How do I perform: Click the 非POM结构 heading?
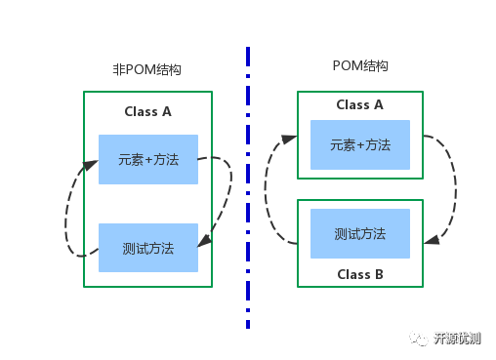pos(147,70)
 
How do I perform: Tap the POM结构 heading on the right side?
pos(360,66)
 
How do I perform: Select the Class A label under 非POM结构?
pos(147,111)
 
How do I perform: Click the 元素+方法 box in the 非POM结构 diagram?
pos(147,159)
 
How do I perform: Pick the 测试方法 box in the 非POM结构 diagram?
pos(147,248)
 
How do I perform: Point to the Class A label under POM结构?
pos(359,104)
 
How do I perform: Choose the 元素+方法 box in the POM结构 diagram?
pos(359,144)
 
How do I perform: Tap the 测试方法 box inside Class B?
pos(359,234)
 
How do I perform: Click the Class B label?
pos(359,274)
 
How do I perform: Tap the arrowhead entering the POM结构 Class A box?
pos(291,140)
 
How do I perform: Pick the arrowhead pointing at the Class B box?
pos(430,238)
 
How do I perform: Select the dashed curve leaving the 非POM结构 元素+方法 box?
pos(229,180)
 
